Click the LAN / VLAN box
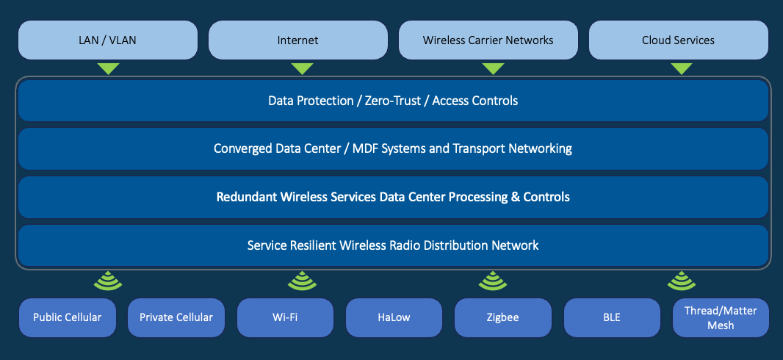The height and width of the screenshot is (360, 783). coord(108,40)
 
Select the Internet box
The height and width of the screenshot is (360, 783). coord(297,40)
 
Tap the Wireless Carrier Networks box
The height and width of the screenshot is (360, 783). coord(488,40)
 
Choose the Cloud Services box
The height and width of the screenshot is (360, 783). coord(678,40)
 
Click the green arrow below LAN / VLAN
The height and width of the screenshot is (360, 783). coord(108,68)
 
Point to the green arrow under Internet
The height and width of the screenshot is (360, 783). coord(302,68)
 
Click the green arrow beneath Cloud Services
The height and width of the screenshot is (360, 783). coord(682,68)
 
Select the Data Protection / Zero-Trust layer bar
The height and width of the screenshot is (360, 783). coord(393,101)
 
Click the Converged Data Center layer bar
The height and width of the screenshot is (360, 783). coord(393,148)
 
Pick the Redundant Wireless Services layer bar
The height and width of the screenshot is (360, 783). coord(393,197)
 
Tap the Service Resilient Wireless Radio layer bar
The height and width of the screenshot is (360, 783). coord(393,245)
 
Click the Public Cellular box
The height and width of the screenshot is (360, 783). coord(67,317)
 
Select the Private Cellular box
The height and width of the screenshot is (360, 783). coord(176,317)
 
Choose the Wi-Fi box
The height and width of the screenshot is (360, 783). coord(285,317)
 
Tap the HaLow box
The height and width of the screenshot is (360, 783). coord(394,317)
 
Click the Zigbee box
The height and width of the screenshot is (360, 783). coord(502,317)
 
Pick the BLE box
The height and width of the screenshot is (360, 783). coord(611,317)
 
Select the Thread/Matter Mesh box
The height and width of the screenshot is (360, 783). coord(721,317)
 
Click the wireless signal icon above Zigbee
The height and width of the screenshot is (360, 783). coord(491,281)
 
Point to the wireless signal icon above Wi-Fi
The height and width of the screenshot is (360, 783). coord(301,281)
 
